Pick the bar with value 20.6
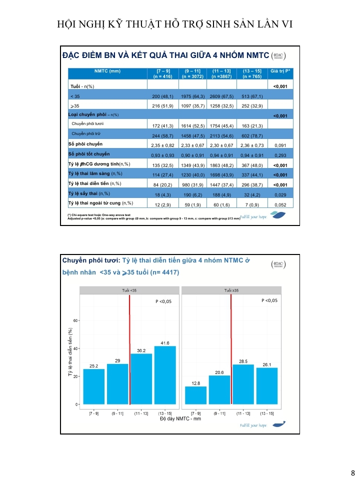(x=219, y=389)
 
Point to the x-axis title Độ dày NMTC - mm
(x=180, y=418)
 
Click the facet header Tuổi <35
(x=129, y=290)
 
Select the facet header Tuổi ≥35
(x=231, y=290)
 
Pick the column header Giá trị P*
(x=280, y=71)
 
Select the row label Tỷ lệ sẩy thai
(x=88, y=193)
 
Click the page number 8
(x=352, y=473)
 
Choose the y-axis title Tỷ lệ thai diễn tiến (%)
(x=70, y=352)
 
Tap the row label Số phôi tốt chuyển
(x=89, y=154)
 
